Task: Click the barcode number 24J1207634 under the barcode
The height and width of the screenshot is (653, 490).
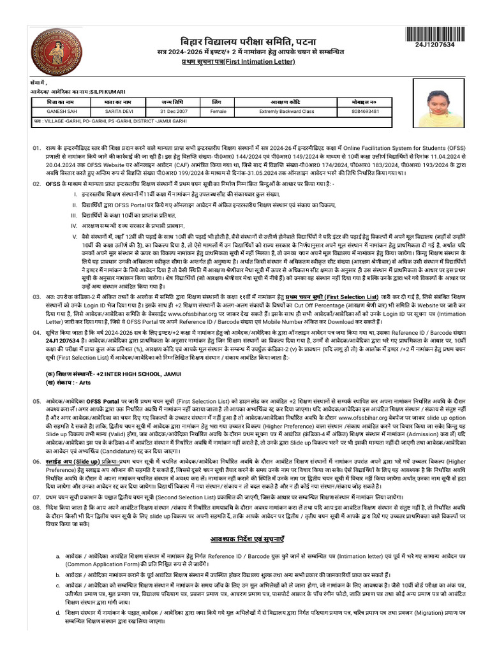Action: click(435, 45)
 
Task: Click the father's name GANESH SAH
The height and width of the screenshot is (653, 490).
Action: click(50, 111)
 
